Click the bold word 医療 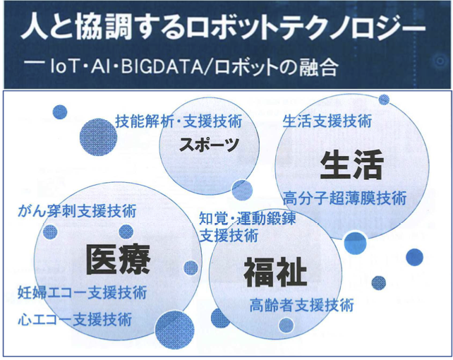point(118,260)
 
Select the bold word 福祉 point(275,272)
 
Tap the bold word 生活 point(352,164)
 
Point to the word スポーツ point(209,144)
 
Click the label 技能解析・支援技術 point(179,121)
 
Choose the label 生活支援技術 point(327,121)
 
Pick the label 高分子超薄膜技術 point(344,198)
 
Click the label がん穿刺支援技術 point(77,211)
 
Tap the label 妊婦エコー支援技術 point(83,292)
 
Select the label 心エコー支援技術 point(75,320)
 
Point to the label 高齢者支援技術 point(301,305)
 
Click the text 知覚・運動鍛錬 point(248,218)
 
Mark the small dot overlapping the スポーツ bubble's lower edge point(242,190)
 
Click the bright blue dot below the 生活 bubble point(356,243)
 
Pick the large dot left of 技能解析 point(98,137)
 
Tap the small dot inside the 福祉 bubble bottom point(286,325)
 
